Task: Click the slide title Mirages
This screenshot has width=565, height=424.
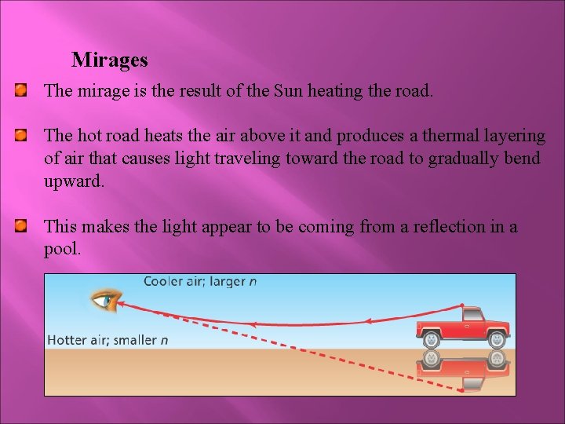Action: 109,60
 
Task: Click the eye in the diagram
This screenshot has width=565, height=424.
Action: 104,299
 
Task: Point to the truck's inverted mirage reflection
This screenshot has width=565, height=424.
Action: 463,369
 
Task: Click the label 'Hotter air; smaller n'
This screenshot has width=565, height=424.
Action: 108,340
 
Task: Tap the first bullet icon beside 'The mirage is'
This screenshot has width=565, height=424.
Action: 21,91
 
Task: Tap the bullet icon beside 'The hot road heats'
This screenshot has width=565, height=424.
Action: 21,137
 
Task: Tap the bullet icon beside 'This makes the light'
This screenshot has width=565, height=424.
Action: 21,227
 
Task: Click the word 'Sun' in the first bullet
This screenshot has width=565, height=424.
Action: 288,91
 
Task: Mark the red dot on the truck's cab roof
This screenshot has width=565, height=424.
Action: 464,307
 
